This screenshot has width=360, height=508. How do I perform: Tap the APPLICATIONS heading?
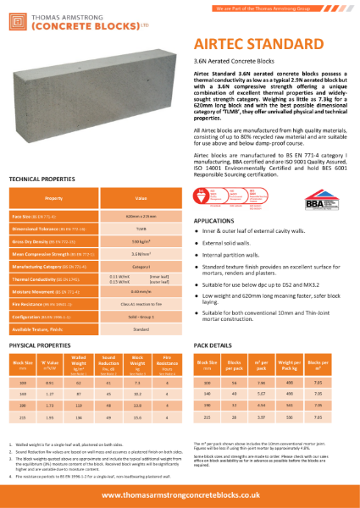pyautogui.click(x=214, y=219)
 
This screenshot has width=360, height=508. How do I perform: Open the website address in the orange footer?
pyautogui.click(x=180, y=489)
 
